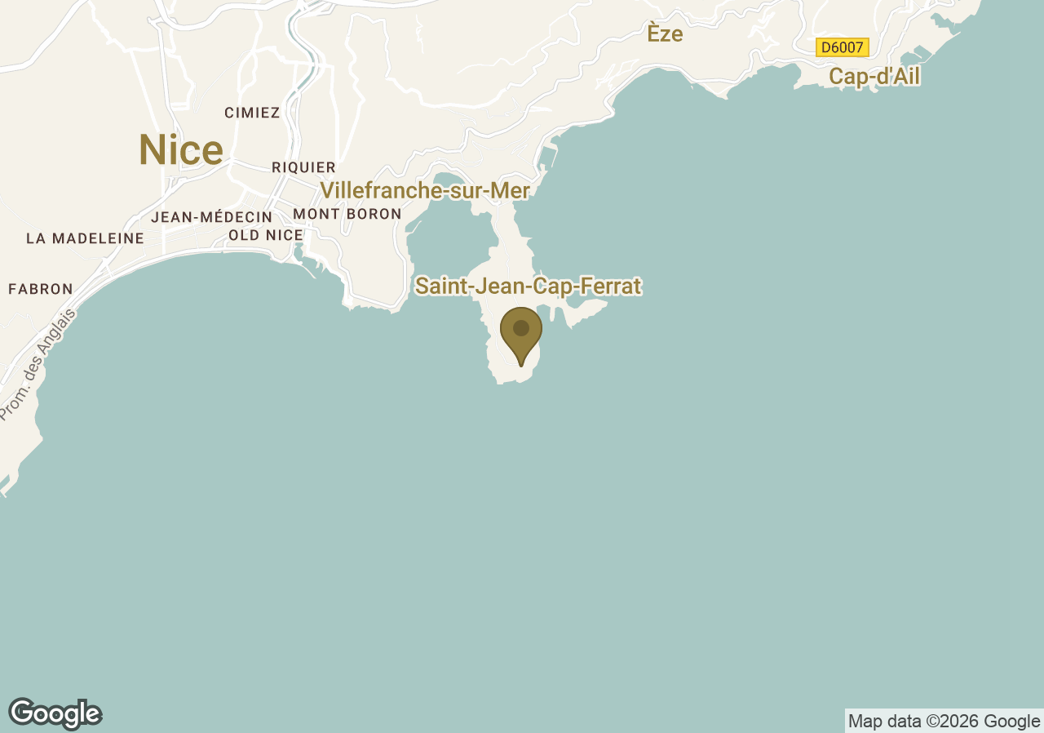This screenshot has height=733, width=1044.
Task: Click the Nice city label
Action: tap(180, 150)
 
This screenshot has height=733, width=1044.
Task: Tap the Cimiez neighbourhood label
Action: tap(252, 113)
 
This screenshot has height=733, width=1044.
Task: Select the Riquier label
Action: tap(303, 167)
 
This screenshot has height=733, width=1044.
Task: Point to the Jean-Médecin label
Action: tap(211, 217)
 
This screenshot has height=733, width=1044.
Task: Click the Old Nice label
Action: tap(266, 235)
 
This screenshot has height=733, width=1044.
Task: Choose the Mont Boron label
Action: tap(347, 214)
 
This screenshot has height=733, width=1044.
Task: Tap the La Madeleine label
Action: tap(85, 238)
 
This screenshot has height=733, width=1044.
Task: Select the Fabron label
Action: tap(41, 289)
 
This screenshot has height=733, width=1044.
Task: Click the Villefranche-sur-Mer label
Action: tap(425, 191)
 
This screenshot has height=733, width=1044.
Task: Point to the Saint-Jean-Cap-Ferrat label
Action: tap(528, 287)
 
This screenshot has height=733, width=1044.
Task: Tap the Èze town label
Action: tap(665, 34)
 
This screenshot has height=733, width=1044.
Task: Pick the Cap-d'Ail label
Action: tap(874, 77)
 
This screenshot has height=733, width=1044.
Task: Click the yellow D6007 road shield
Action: tap(842, 47)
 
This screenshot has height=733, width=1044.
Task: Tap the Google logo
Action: tap(55, 713)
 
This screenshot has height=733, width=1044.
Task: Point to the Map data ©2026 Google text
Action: tap(944, 721)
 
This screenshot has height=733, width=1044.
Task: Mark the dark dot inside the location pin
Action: tap(521, 328)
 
